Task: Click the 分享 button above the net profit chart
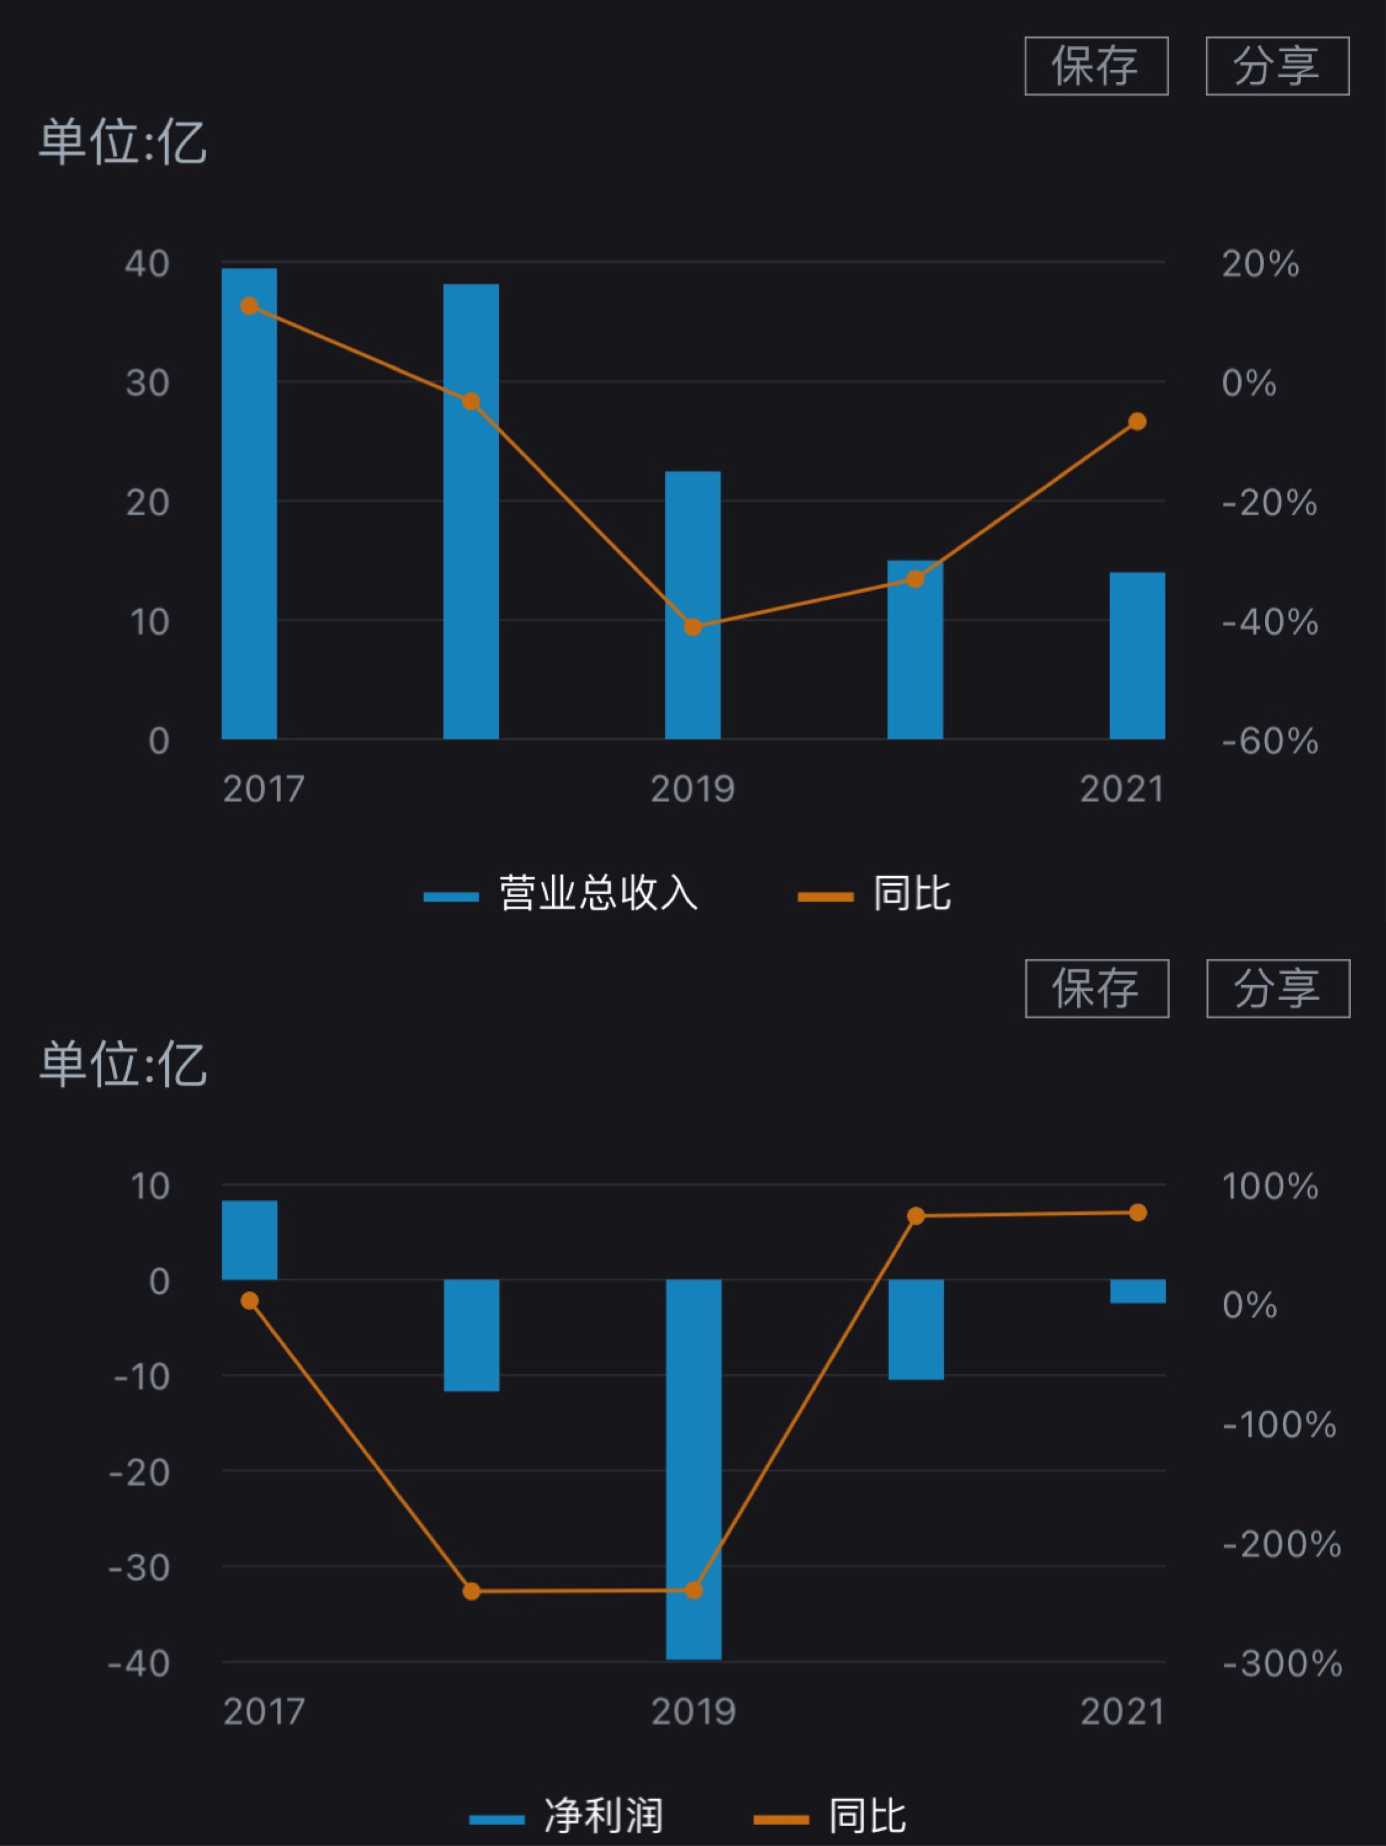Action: point(1277,989)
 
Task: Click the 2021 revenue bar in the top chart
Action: point(1137,656)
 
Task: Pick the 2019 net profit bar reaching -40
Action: point(693,1469)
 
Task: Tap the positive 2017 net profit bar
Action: point(249,1240)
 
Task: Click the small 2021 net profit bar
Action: point(1137,1291)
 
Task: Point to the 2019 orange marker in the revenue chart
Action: point(693,627)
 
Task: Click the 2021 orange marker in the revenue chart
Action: point(1137,421)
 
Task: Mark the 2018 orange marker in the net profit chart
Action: point(472,1592)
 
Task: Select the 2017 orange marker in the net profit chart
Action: point(249,1301)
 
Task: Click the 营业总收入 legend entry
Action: point(561,895)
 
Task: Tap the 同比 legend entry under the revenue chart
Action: point(874,895)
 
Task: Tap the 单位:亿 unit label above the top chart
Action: point(123,142)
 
